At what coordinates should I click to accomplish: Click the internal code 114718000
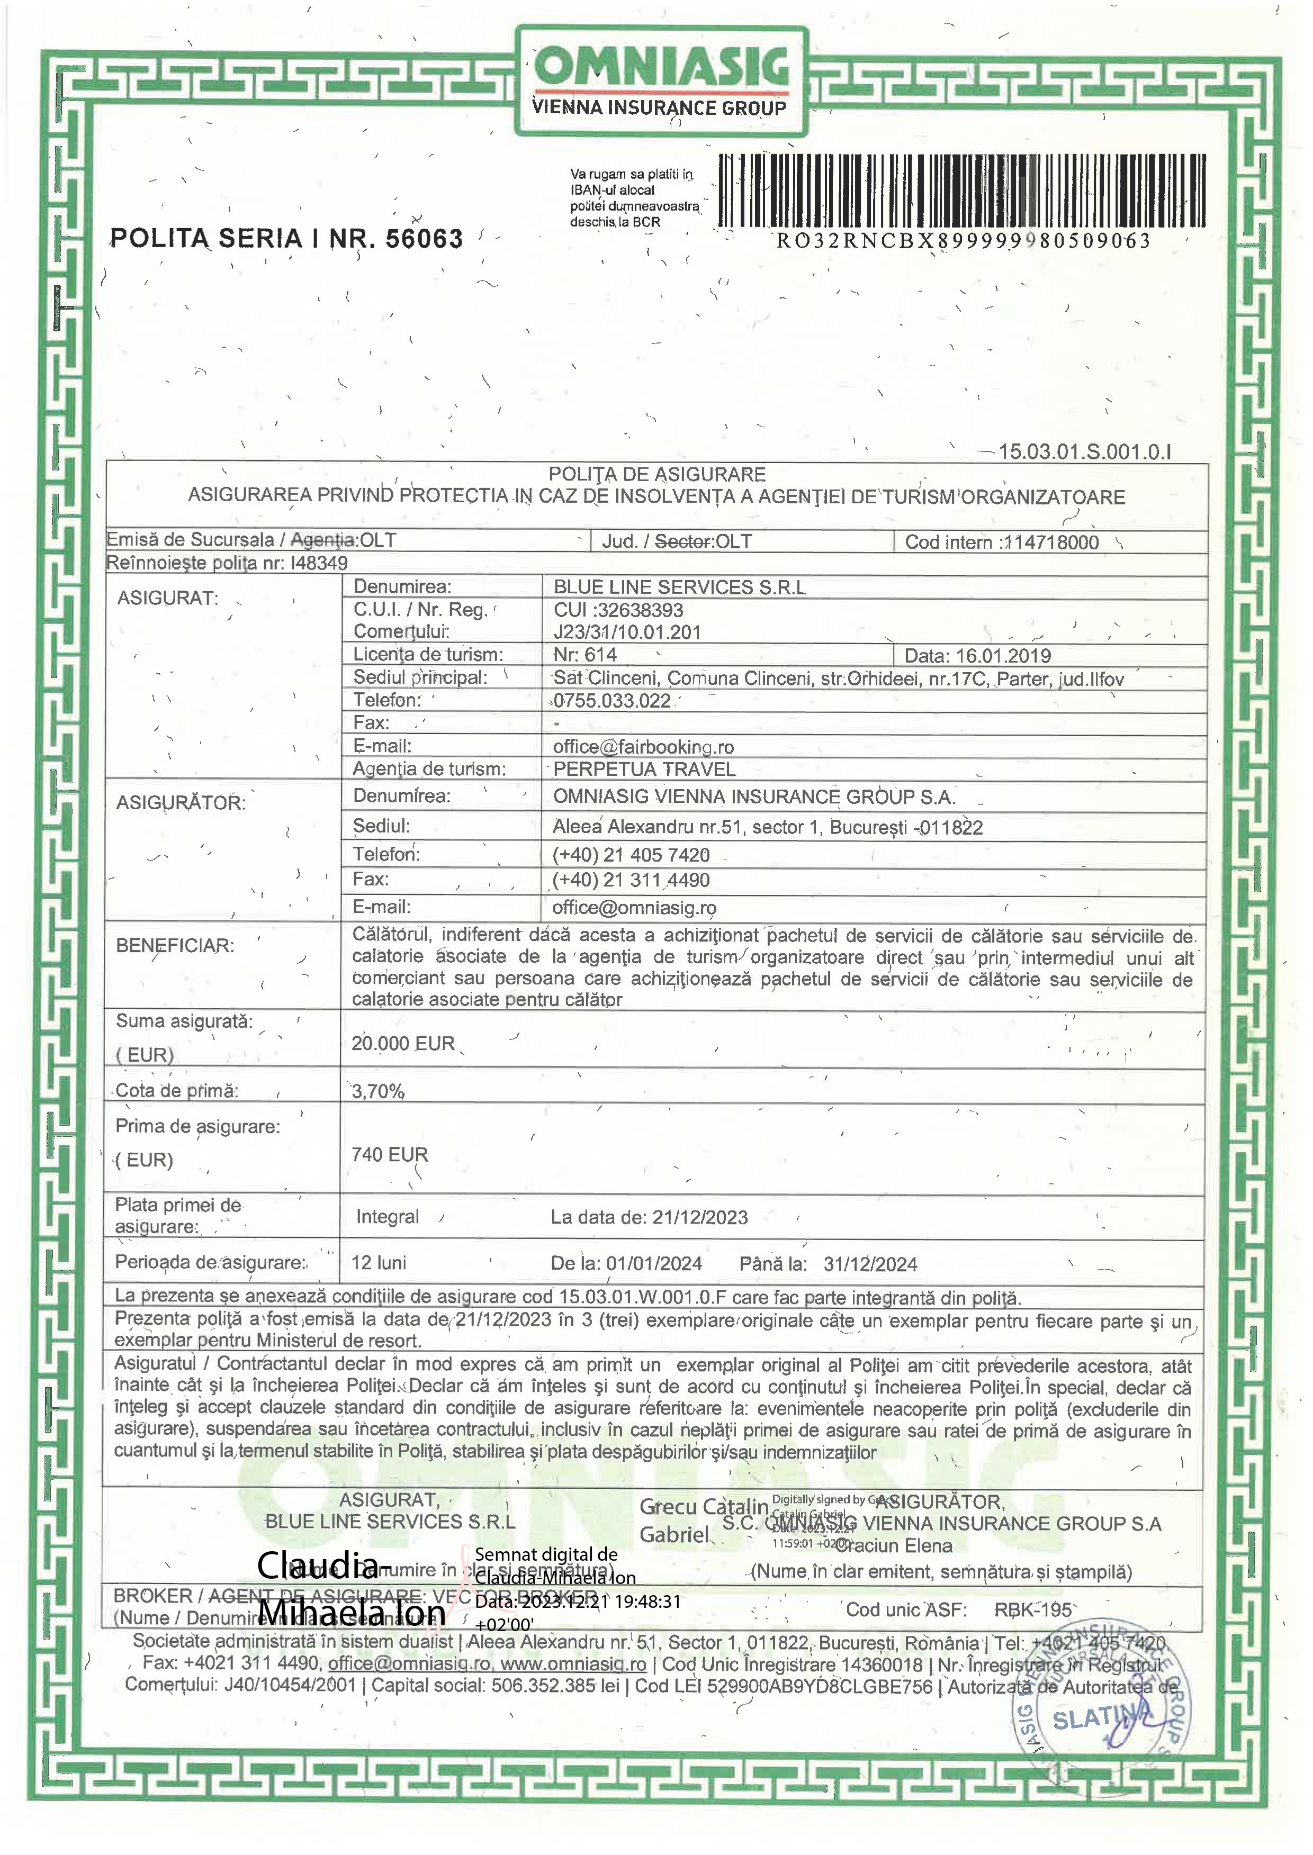coord(1050,542)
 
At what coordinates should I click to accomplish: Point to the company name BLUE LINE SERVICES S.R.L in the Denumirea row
coord(679,587)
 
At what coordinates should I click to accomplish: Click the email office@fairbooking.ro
coord(643,747)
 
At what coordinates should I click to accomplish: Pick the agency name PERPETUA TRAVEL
coord(644,770)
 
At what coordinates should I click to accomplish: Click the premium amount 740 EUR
coord(389,1154)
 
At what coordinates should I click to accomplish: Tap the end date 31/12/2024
coord(870,1264)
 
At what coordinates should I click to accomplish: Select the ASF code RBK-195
coord(1032,1609)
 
